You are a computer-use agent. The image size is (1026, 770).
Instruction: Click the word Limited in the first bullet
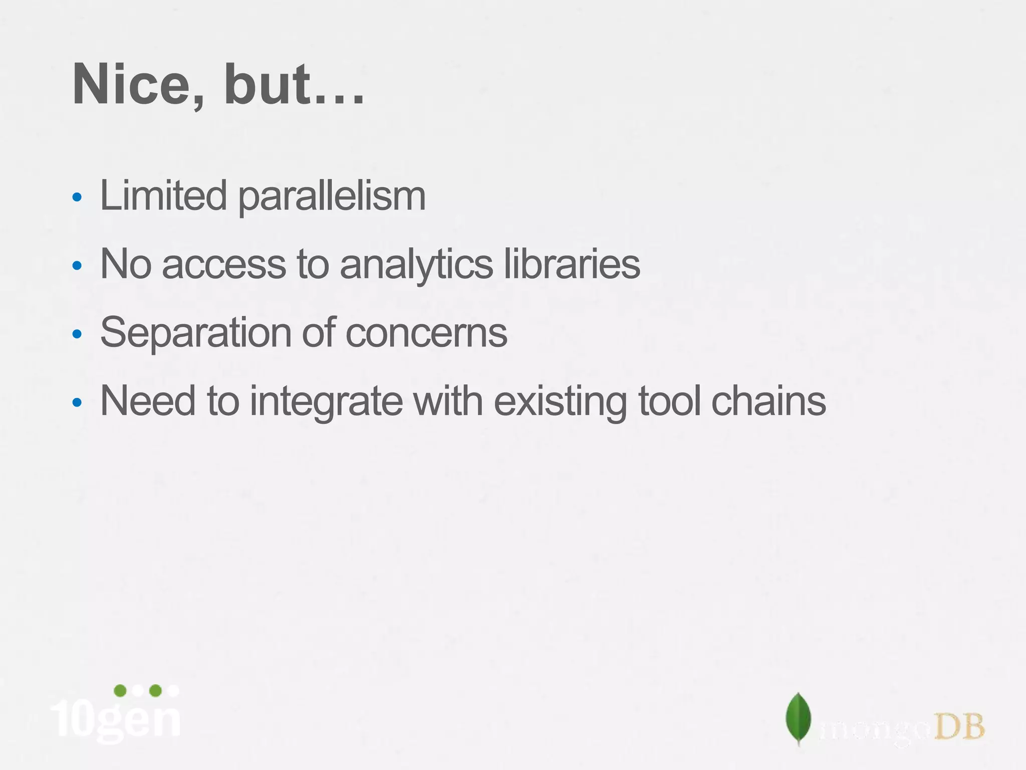(163, 196)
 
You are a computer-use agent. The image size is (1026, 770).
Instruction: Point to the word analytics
(416, 265)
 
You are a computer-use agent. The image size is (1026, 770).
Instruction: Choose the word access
(223, 265)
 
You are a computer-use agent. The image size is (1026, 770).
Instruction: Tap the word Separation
(195, 333)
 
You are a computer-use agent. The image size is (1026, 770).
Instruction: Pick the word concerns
(426, 333)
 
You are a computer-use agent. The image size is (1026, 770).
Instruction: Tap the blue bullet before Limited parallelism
(77, 197)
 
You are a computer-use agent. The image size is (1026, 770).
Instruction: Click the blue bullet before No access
(77, 265)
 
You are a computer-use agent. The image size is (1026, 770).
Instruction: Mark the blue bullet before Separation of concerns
(77, 334)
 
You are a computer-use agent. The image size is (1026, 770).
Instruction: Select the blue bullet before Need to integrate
(77, 402)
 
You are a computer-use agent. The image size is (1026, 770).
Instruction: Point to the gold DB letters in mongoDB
(959, 727)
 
